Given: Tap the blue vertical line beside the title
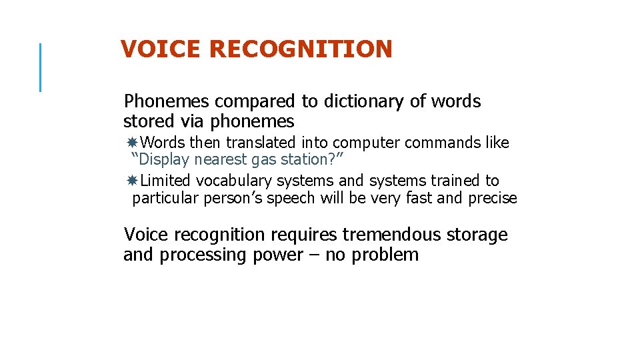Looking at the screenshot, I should [x=41, y=67].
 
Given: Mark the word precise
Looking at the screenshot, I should [x=492, y=199].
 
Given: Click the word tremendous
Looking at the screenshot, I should [x=391, y=235].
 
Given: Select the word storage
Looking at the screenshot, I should [x=476, y=235].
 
